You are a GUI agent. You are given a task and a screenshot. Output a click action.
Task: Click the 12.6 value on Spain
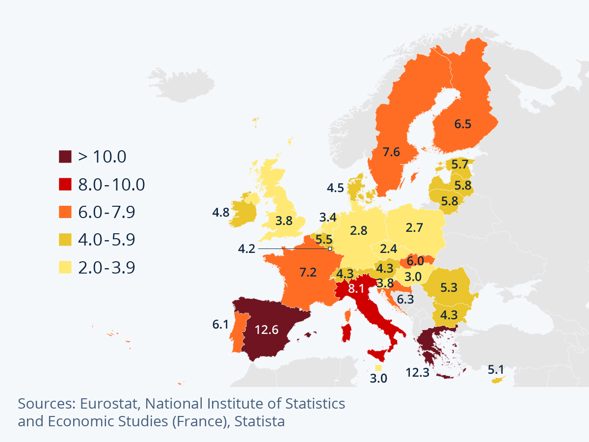coord(267,330)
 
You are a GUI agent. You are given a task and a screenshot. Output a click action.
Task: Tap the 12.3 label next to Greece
coord(418,372)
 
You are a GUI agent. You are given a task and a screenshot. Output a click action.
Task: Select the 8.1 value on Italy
coord(356,289)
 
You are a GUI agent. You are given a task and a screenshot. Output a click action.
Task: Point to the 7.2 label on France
coord(308,272)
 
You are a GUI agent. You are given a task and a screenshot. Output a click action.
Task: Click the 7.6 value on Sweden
coord(392,152)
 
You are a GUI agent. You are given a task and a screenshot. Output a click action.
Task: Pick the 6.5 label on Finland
coord(462,124)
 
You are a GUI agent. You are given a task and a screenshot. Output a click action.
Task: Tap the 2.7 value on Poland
coord(415,227)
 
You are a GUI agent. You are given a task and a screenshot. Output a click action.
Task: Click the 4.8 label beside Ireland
coord(221,213)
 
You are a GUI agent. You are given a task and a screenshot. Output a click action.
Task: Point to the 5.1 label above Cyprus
coord(496,369)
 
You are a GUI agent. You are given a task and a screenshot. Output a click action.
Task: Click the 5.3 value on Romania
coord(449,288)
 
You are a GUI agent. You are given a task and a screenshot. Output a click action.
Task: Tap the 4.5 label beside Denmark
coord(336,188)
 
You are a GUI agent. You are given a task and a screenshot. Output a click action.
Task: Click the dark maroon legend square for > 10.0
coord(65,157)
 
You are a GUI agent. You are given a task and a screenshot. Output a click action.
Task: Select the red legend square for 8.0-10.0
coord(65,184)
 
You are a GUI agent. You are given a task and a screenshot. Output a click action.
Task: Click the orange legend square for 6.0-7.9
coord(65,212)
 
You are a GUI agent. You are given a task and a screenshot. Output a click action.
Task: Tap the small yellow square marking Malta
coord(378,368)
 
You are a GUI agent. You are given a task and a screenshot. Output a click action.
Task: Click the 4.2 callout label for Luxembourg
coord(246,249)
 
